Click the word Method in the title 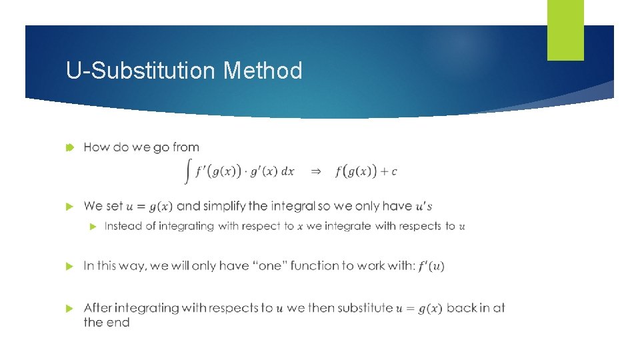(263, 71)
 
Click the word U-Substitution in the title (141, 71)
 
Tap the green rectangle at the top (565, 30)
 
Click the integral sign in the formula (188, 171)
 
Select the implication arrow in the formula (316, 171)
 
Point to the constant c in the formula (394, 172)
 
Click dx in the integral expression (287, 171)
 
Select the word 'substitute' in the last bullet (365, 308)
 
